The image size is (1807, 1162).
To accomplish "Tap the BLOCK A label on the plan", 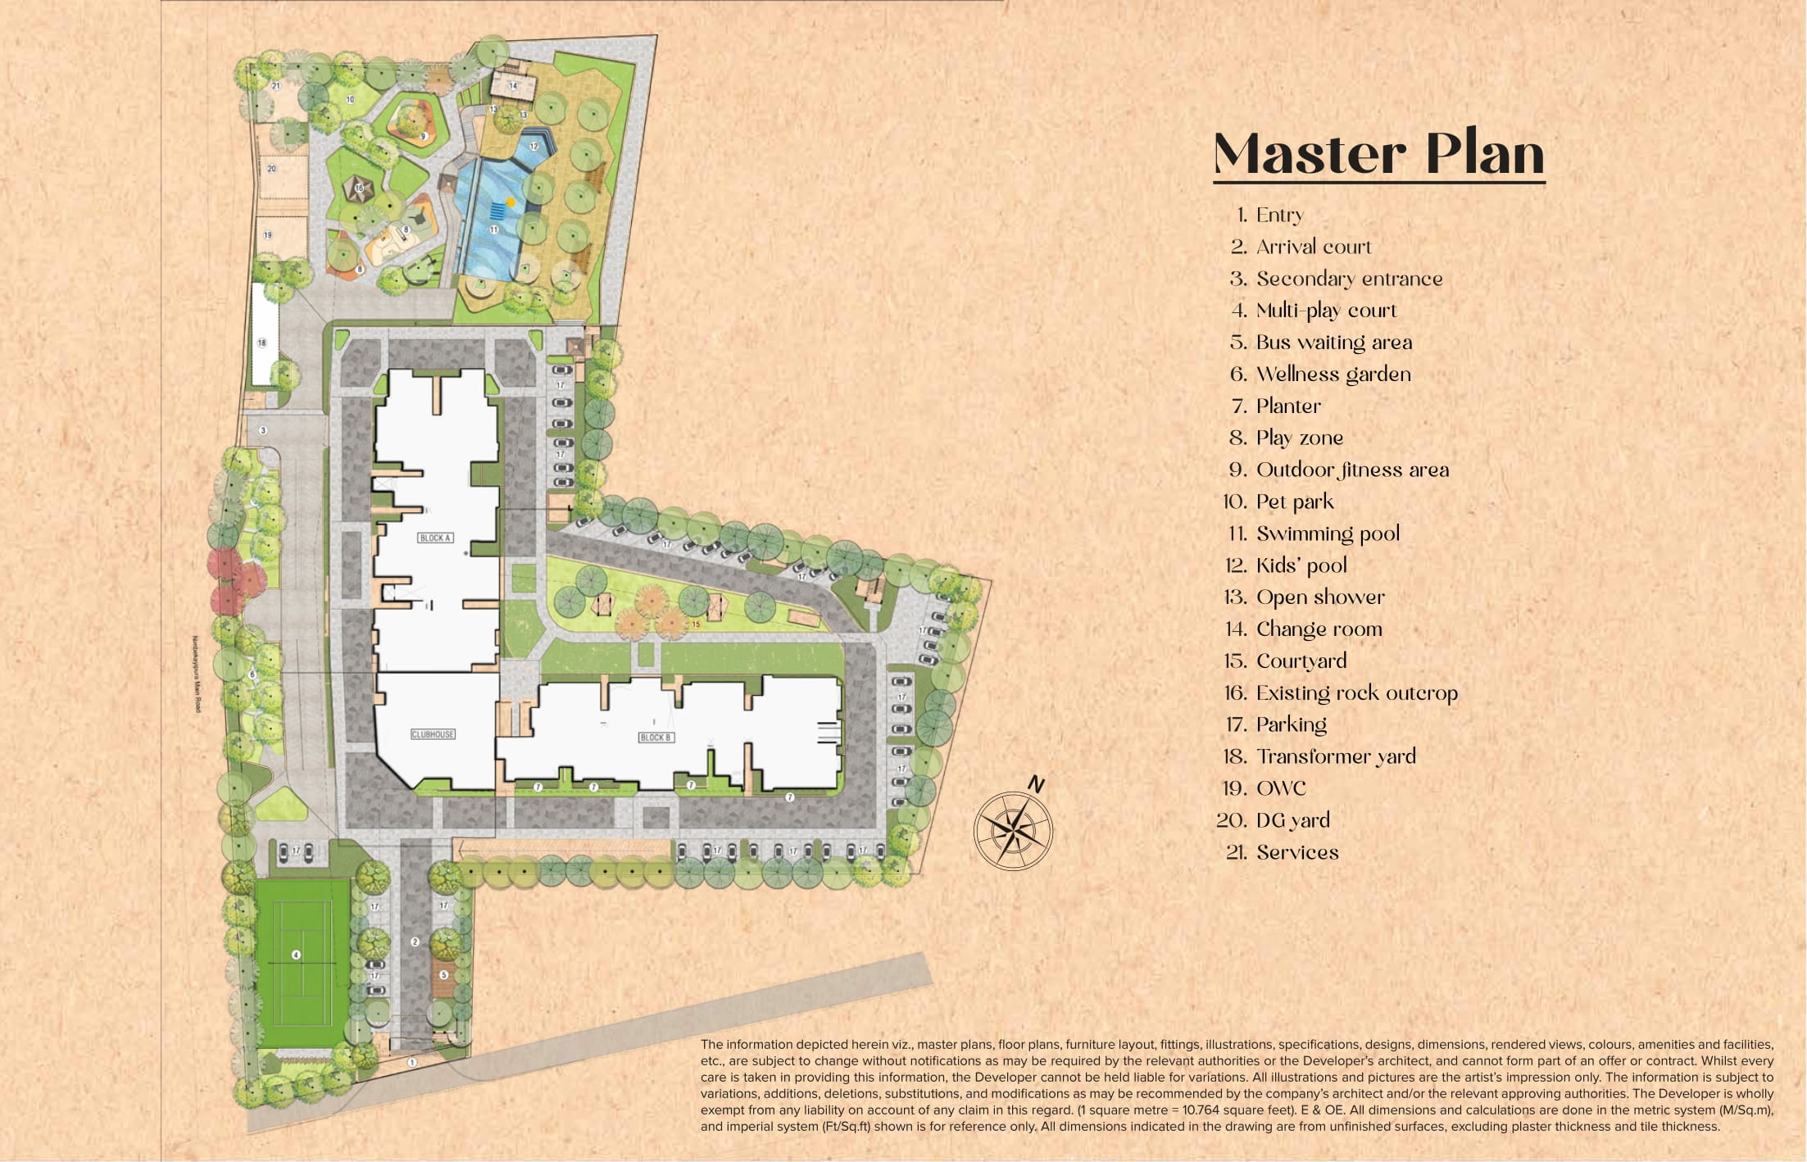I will click(435, 538).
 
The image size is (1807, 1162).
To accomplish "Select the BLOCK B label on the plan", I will click(655, 738).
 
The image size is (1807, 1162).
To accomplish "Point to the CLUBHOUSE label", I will click(433, 734).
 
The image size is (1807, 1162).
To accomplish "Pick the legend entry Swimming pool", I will click(1328, 533).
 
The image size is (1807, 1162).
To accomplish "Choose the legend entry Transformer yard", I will click(1336, 756).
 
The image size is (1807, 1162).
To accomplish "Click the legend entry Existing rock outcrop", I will click(1356, 692).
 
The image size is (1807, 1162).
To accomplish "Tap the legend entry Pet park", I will click(1295, 502).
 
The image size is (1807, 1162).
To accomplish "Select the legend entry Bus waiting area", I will click(1333, 342).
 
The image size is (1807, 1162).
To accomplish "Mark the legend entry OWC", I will click(1281, 788).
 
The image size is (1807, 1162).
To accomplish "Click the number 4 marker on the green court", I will click(296, 955).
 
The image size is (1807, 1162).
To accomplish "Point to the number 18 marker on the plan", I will click(262, 343).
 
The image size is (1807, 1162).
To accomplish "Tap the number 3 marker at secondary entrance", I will click(263, 430).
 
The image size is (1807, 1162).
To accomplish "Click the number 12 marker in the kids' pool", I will click(534, 147).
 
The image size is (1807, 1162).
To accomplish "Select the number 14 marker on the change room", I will click(513, 85).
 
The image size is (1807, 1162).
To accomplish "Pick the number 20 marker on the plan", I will click(271, 169).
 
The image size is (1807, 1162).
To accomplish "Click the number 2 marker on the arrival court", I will click(415, 942).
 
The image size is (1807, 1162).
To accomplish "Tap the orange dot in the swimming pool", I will click(511, 202).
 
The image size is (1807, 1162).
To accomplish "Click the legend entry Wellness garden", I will click(1333, 374).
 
